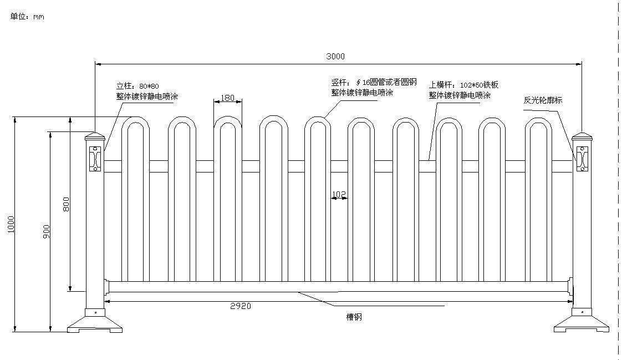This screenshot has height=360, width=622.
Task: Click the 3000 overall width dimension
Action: (335, 56)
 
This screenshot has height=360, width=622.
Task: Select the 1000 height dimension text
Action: (11, 224)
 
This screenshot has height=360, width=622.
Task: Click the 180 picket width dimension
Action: (227, 98)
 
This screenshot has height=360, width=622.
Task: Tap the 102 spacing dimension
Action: (339, 194)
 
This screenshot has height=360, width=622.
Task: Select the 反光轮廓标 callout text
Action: (543, 100)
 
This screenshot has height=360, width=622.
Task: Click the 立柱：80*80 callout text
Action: (137, 86)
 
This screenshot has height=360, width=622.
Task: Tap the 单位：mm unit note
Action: (27, 17)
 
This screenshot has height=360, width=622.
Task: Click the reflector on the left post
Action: (95, 159)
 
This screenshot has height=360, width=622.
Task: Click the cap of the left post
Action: (94, 137)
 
